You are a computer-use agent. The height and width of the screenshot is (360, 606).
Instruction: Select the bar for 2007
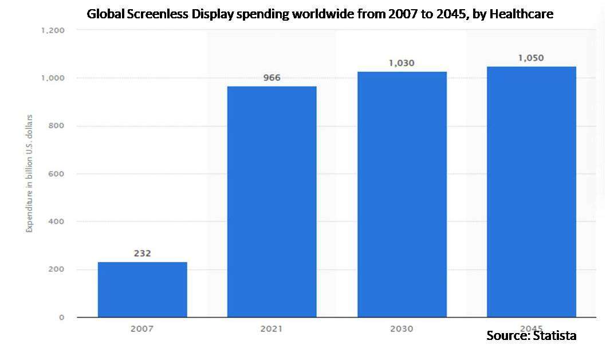[142, 289]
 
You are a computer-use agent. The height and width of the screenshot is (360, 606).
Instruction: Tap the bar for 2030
[402, 194]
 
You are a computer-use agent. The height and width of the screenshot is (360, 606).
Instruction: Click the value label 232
[142, 253]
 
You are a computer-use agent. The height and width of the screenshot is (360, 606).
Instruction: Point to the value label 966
[271, 77]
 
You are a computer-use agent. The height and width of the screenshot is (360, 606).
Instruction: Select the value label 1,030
[402, 63]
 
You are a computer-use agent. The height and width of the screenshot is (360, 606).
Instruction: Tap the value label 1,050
[531, 58]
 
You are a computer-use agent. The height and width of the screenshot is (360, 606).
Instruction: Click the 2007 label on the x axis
[142, 329]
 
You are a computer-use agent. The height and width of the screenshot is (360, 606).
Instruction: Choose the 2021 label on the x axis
[271, 329]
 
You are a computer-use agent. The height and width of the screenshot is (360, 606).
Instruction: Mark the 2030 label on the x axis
[402, 329]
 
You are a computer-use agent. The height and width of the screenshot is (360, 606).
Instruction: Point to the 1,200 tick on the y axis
[52, 30]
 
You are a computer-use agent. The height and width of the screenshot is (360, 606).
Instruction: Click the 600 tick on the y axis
[55, 174]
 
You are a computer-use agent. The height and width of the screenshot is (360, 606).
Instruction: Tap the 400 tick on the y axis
[55, 221]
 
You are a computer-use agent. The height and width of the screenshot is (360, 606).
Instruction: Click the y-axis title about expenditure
[29, 174]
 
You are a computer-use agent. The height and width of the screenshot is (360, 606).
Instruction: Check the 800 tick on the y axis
[55, 126]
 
